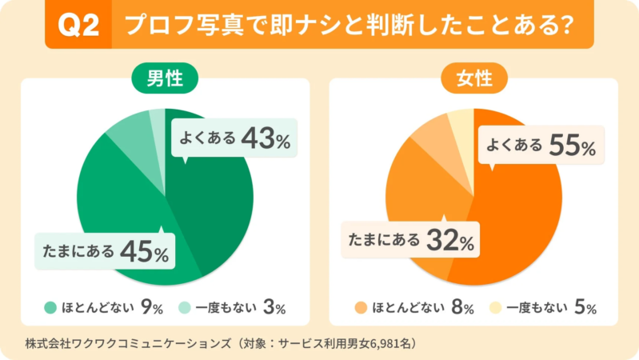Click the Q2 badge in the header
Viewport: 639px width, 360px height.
pos(81,26)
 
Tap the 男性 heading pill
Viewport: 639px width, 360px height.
pos(165,78)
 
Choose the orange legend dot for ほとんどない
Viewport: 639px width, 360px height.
pos(361,306)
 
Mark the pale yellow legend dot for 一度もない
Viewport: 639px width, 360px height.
pos(496,306)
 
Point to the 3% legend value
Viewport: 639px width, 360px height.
pos(274,306)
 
